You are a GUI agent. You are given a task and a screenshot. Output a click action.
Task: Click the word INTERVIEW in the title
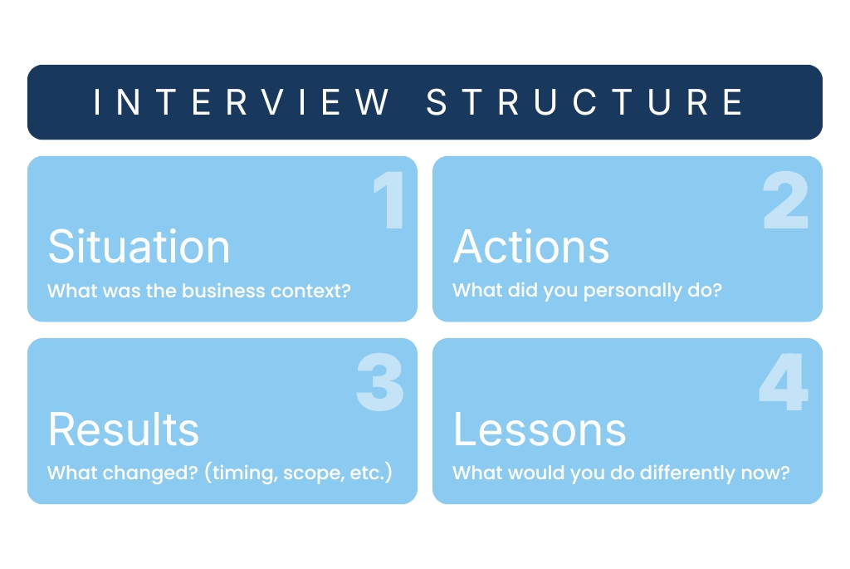tap(242, 102)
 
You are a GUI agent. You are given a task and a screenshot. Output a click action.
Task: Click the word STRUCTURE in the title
tap(585, 102)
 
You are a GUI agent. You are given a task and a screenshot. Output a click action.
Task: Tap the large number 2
tap(785, 201)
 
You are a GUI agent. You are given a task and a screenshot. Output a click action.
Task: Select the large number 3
tap(380, 383)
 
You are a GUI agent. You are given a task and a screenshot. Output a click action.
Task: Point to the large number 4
tap(783, 383)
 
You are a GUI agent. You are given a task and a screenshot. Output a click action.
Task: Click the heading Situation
tap(139, 247)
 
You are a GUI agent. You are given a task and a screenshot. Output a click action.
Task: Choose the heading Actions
tap(531, 247)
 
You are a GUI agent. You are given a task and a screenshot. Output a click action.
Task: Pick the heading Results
tap(124, 429)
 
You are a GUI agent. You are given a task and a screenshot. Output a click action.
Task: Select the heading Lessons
tap(540, 429)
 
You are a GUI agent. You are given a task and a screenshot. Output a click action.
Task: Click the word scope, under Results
tap(312, 473)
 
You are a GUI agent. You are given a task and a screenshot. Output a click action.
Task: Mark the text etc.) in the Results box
tap(370, 473)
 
